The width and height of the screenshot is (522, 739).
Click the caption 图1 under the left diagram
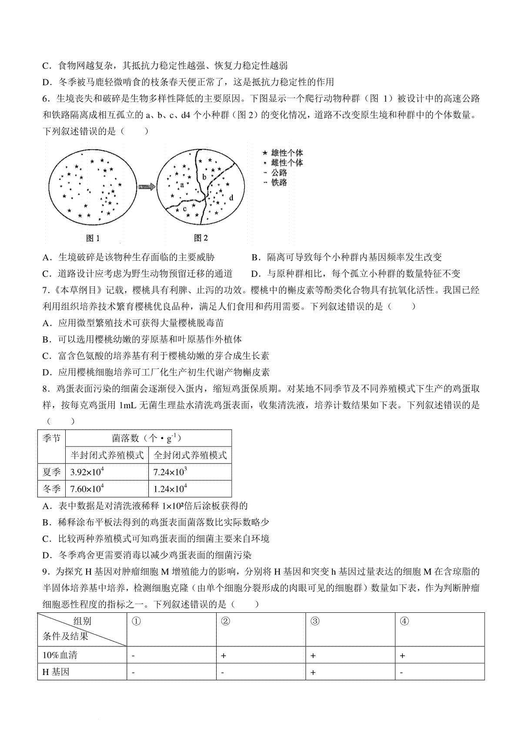pos(93,238)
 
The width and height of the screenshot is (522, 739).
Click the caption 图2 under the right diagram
pos(201,238)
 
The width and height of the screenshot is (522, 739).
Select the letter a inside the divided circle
pos(182,185)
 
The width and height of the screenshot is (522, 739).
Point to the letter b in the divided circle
pos(204,177)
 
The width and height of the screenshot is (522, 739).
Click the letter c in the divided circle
pos(184,208)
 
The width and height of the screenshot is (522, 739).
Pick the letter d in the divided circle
pos(231,198)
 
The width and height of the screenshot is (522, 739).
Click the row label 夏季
pos(51,472)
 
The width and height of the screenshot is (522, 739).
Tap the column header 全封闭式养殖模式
pos(190,455)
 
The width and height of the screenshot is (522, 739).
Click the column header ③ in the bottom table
pos(315,621)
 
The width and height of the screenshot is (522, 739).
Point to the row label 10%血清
pos(60,655)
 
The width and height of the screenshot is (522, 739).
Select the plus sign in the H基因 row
pos(313,672)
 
